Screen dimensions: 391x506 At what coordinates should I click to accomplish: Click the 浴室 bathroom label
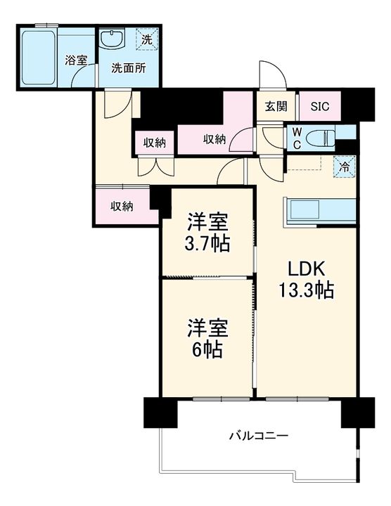point(76,60)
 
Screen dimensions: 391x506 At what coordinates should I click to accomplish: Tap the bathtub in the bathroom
point(38,58)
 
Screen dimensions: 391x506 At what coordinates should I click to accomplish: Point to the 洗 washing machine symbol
point(147,39)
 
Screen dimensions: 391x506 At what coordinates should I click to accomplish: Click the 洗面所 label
point(129,68)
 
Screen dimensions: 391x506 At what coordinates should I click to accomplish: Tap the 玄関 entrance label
point(276,106)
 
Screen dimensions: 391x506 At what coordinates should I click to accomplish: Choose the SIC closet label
point(320,106)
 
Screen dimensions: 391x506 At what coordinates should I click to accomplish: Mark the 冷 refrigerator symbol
point(345,167)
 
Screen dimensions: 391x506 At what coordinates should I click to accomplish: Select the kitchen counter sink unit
point(320,212)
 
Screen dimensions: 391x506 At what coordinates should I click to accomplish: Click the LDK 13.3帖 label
point(307,279)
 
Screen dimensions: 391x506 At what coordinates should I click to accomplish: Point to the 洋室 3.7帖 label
point(207,233)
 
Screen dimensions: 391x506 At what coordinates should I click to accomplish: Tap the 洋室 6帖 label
point(207,338)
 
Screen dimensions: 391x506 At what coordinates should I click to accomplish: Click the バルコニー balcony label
point(259,436)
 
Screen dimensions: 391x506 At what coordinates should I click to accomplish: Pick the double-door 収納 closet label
point(154,143)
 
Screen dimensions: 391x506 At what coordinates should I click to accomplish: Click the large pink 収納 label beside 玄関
point(214,139)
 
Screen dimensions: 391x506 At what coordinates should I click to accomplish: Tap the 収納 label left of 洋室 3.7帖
point(122,207)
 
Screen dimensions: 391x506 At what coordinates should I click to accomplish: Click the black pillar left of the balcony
point(160,413)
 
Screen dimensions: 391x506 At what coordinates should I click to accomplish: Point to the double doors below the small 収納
point(156,167)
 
